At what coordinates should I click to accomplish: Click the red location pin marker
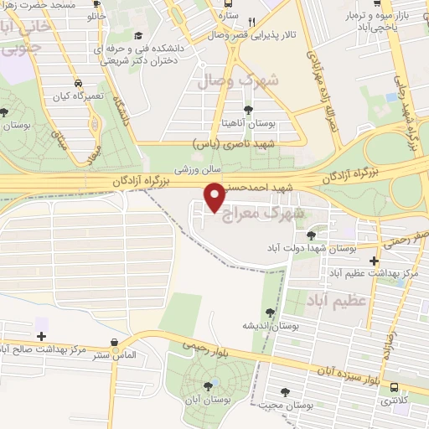(x=215, y=197)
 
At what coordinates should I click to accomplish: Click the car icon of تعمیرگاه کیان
(x=78, y=85)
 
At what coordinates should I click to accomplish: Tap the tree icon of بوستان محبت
(x=287, y=391)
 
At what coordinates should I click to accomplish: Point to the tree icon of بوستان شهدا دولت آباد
(x=313, y=235)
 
